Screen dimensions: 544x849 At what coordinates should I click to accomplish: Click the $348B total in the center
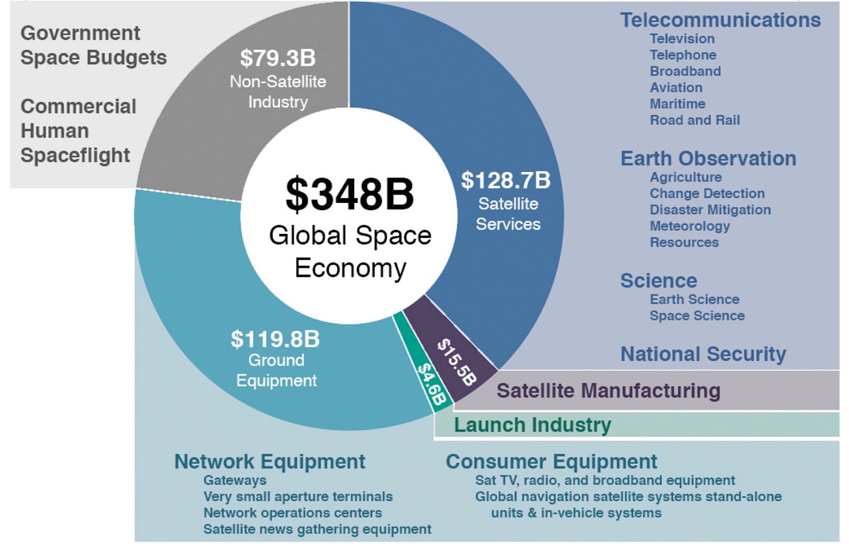pos(349,194)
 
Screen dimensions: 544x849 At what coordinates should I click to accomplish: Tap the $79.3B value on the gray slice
pos(278,58)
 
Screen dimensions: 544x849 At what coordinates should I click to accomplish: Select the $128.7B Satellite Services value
pos(506,181)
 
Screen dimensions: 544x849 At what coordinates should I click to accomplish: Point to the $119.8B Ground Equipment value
pos(275,339)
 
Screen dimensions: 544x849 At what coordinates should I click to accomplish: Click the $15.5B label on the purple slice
pos(457,362)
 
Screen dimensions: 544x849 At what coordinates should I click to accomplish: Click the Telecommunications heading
pos(720,20)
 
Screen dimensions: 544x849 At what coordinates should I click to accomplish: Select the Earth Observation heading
pos(708,159)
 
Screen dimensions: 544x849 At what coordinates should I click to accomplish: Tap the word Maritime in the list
pos(677,104)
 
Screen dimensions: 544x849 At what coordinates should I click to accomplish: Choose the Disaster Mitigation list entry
pos(710,210)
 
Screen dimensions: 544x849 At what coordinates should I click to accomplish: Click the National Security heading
pos(703,354)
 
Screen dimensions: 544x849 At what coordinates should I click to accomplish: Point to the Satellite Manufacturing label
pos(608,391)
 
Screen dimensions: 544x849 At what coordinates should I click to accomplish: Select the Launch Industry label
pos(532,425)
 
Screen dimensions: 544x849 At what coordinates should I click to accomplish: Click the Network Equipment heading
pos(269,462)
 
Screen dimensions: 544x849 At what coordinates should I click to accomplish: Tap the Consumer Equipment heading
pos(551,462)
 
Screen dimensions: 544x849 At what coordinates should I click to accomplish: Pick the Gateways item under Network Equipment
pos(235,480)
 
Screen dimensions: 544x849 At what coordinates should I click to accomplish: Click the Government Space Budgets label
pos(93,45)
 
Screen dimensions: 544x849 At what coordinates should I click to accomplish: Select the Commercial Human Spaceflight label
pos(78,131)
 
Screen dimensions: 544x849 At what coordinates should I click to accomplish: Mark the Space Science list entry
pos(697,316)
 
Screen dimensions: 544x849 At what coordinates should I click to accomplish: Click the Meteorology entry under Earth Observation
pos(690,226)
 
